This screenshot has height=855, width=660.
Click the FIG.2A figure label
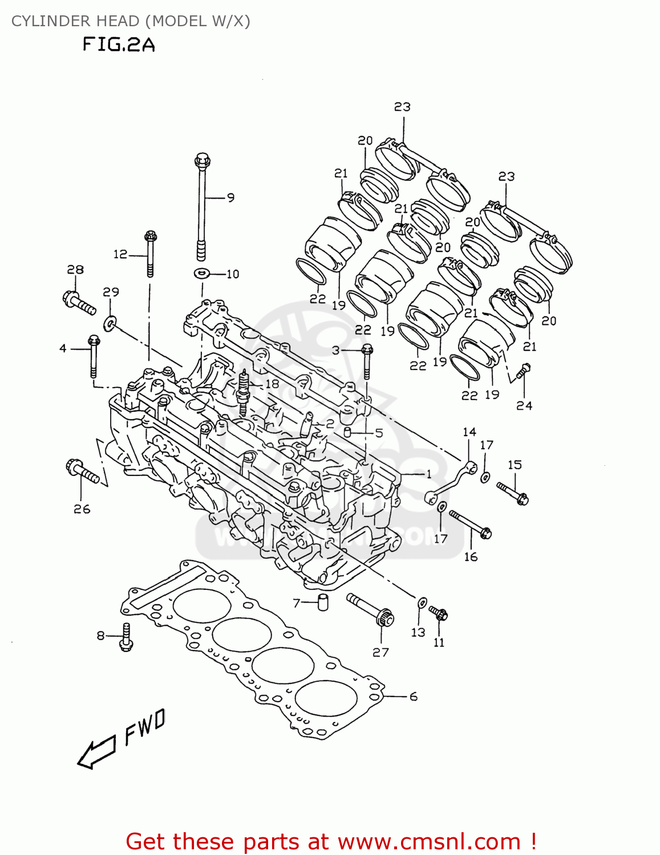(119, 44)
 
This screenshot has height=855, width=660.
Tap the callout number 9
(230, 198)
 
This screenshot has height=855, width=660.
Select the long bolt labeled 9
(201, 205)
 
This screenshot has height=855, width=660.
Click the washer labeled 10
(201, 274)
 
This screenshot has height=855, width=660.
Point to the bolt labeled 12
(151, 254)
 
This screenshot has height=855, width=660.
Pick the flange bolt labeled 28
(79, 302)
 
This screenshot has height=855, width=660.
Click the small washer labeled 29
(109, 324)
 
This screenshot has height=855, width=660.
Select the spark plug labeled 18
(245, 392)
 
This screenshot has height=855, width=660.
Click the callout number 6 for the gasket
(414, 697)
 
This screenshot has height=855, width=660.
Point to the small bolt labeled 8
(126, 637)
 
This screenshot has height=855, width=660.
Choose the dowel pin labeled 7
(323, 601)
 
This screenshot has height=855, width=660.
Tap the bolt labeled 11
(439, 614)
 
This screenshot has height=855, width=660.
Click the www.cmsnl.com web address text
(429, 842)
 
